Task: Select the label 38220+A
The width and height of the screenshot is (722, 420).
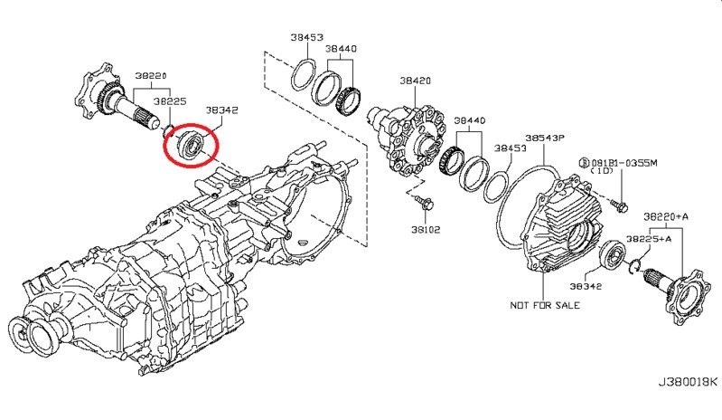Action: click(667, 218)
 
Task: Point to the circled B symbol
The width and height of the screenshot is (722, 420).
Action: click(585, 161)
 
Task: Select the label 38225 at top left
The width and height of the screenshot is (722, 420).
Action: click(170, 102)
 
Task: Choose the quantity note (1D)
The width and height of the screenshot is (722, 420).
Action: click(603, 171)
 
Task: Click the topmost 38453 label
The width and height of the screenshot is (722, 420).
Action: click(307, 37)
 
